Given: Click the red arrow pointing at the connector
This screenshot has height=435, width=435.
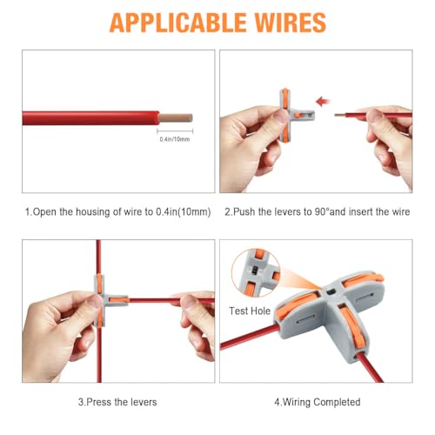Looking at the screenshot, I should [x=322, y=101].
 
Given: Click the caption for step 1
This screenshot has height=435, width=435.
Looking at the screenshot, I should [x=117, y=211].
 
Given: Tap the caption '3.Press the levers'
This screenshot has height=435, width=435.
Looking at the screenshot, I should [x=117, y=402].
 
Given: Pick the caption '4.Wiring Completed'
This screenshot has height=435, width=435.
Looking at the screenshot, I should [x=318, y=402].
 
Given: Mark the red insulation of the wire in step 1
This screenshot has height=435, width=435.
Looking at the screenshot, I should [x=96, y=114].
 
